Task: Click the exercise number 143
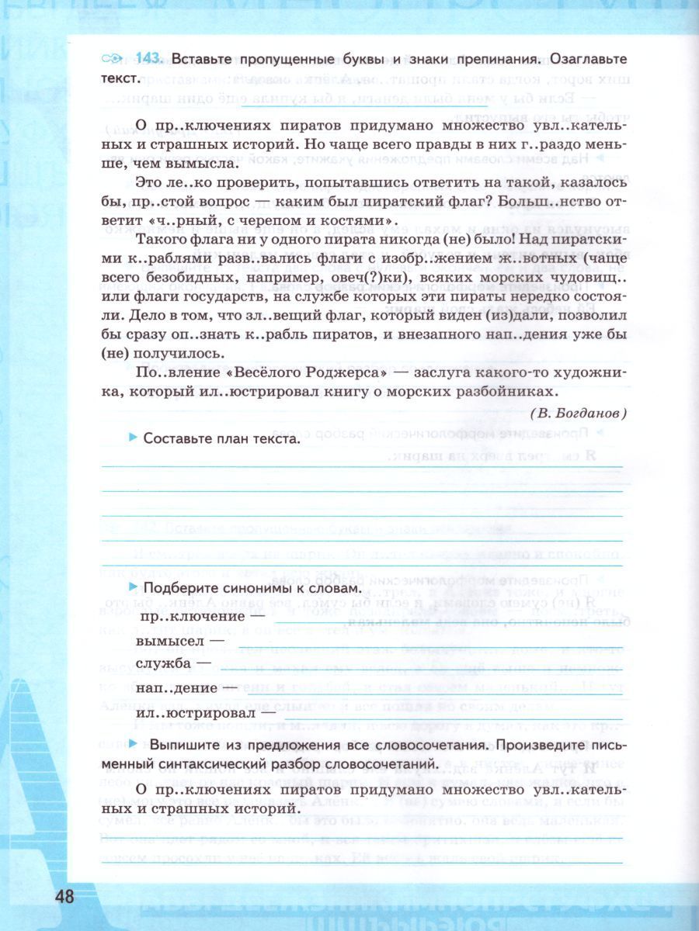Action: [x=147, y=59]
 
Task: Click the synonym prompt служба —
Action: [x=173, y=663]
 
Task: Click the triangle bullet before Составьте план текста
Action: [x=134, y=438]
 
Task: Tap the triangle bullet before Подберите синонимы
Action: [x=134, y=588]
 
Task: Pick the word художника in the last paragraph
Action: [x=586, y=373]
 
